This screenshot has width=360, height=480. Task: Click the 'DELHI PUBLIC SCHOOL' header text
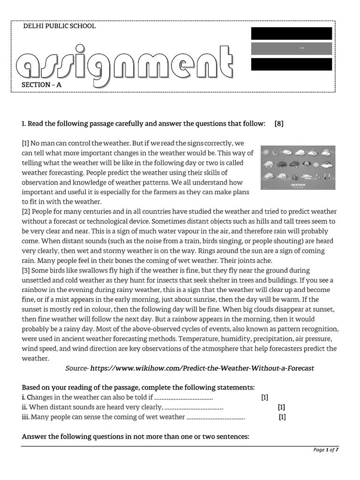tap(59, 26)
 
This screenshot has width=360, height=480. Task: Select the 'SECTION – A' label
tap(41, 85)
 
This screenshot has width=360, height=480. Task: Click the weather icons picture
tap(298, 167)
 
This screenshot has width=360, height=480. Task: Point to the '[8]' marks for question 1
tap(279, 124)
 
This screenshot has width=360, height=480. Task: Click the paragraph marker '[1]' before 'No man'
tap(25, 142)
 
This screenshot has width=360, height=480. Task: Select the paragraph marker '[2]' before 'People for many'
tap(25, 211)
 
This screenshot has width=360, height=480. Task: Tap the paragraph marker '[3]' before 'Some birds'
tap(25, 270)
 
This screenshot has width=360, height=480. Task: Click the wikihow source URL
tap(202, 368)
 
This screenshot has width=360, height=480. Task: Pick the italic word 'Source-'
tap(77, 368)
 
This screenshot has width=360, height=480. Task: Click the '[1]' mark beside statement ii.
tap(281, 407)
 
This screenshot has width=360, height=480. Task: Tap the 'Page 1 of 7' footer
tap(326, 450)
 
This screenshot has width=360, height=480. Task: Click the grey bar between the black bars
tap(292, 49)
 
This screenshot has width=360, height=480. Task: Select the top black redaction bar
tap(292, 33)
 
